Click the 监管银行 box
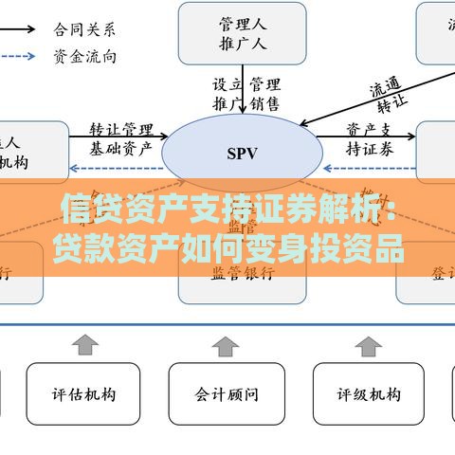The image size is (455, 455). click(243, 273)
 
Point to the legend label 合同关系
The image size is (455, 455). click(85, 28)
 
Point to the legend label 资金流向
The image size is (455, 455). click(85, 56)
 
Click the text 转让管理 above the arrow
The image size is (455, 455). click(121, 129)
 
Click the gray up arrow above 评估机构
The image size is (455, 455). click(86, 342)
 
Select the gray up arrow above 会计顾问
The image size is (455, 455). click(227, 342)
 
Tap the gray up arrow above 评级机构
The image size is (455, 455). click(370, 342)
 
